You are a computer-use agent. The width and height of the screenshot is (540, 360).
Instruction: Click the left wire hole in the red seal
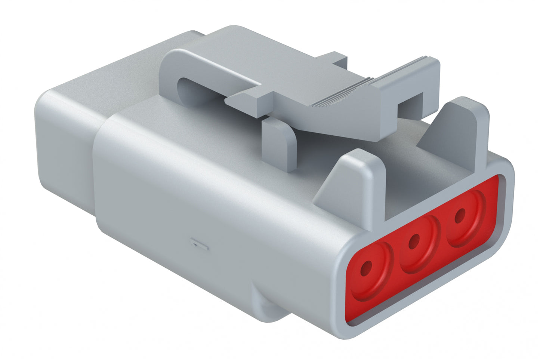tap(367, 267)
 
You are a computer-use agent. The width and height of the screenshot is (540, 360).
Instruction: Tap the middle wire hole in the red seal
tap(413, 243)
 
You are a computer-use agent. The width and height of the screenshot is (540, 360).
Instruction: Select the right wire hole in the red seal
tap(460, 216)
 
